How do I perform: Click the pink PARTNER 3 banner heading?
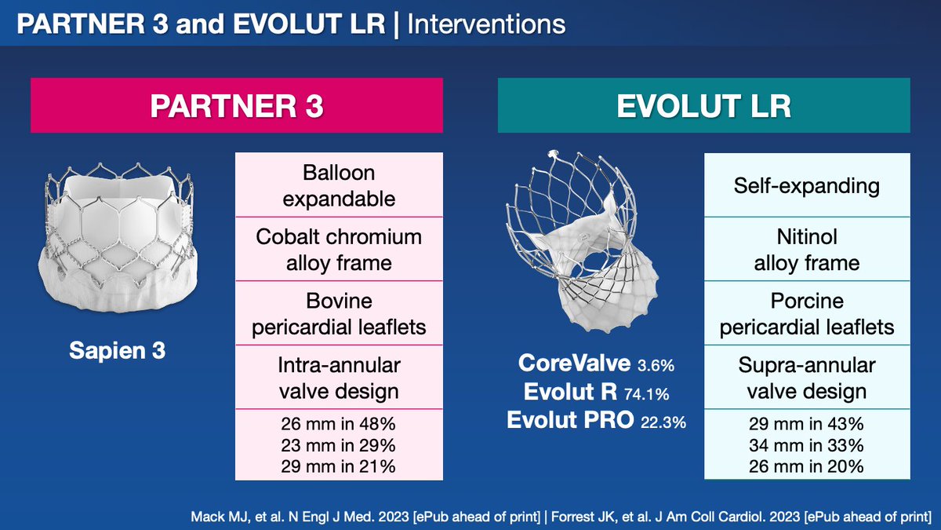[237, 105]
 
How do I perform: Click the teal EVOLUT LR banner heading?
[703, 105]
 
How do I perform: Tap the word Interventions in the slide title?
[486, 24]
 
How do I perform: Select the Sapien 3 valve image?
[118, 238]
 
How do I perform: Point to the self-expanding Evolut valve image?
[582, 242]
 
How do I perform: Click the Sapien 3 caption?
[117, 350]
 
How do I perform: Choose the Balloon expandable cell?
[339, 185]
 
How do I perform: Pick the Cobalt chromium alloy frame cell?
[339, 250]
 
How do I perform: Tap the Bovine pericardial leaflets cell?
[339, 313]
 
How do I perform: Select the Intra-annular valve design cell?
[339, 378]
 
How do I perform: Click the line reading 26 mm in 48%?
[338, 423]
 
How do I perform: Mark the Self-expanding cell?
[807, 185]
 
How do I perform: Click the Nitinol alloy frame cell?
[807, 250]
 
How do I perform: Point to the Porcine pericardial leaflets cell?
[807, 313]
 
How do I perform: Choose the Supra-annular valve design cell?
[807, 378]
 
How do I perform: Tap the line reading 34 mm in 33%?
[806, 445]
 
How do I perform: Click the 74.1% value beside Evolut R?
[646, 394]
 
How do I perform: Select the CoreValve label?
[574, 363]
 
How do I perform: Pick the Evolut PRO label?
[570, 420]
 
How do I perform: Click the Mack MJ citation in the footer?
[365, 517]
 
